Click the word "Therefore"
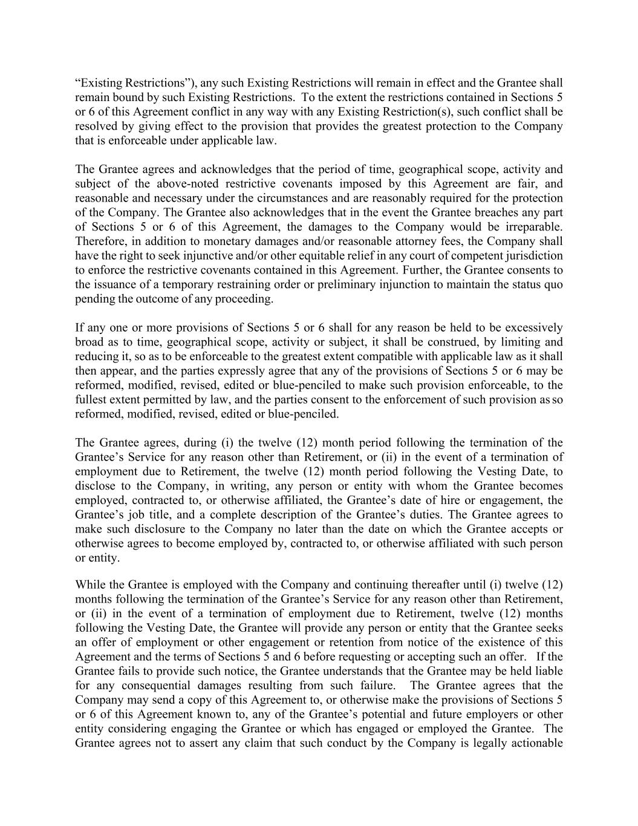[99, 241]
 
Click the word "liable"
[548, 671]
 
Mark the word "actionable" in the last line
[535, 743]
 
